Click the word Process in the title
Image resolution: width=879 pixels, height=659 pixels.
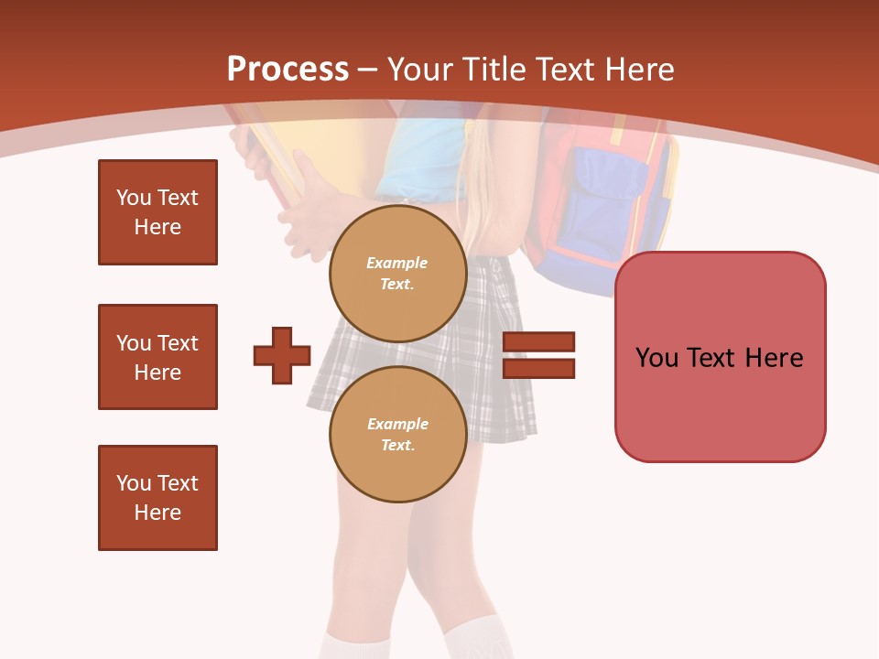pyautogui.click(x=288, y=69)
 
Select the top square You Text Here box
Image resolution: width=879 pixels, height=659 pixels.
pyautogui.click(x=157, y=212)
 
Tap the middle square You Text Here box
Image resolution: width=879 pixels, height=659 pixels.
pyautogui.click(x=157, y=357)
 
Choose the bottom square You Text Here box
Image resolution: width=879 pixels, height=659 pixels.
pyautogui.click(x=157, y=498)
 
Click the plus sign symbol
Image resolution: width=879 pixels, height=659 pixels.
pyautogui.click(x=282, y=355)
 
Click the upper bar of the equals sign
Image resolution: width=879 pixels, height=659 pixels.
pyautogui.click(x=538, y=342)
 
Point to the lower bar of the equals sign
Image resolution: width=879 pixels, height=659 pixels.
pyautogui.click(x=538, y=368)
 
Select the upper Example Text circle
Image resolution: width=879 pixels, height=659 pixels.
pyautogui.click(x=397, y=274)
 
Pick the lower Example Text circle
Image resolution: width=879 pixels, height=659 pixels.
pyautogui.click(x=397, y=435)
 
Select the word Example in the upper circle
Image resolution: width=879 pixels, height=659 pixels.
pyautogui.click(x=397, y=263)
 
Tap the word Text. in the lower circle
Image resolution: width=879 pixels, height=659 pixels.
pyautogui.click(x=397, y=446)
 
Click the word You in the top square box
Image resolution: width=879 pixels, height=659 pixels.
pyautogui.click(x=133, y=198)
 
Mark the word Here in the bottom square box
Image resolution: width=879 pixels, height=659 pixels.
pyautogui.click(x=157, y=513)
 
